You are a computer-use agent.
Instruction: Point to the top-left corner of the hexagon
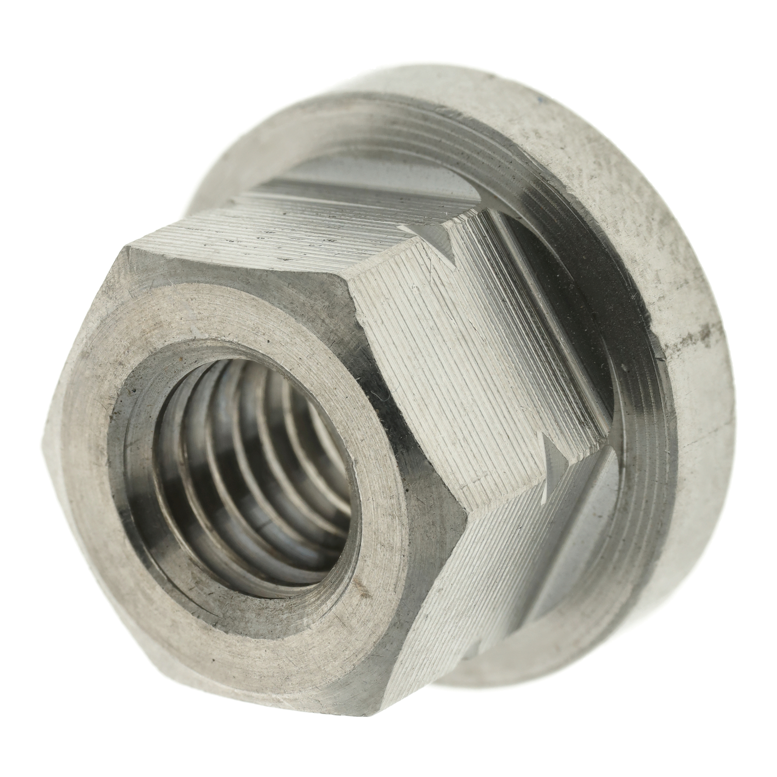(x=127, y=248)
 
